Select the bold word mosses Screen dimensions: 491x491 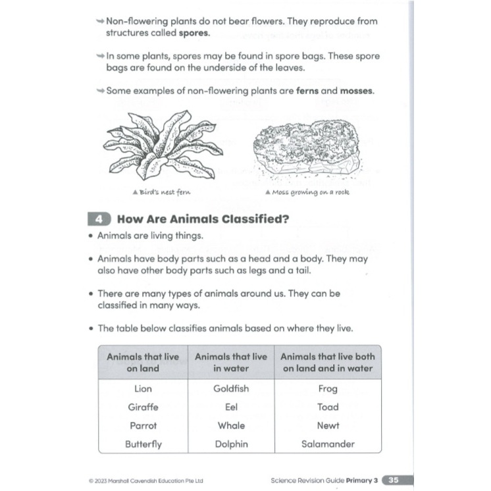tap(356, 91)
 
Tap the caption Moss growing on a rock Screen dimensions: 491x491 tap(307, 192)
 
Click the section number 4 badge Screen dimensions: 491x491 tap(97, 219)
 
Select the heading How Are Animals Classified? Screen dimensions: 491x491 tap(203, 220)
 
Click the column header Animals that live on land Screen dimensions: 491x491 tap(143, 362)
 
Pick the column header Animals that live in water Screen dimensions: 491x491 tap(231, 362)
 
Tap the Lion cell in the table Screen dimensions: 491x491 tap(143, 389)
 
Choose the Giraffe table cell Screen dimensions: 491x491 tap(143, 407)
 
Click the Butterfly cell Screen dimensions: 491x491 tap(143, 444)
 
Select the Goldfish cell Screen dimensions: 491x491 tap(231, 389)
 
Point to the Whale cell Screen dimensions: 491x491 tap(231, 426)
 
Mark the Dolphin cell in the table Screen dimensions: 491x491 tap(231, 444)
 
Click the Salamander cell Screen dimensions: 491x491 tap(328, 444)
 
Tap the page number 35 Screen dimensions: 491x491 tap(394, 480)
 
